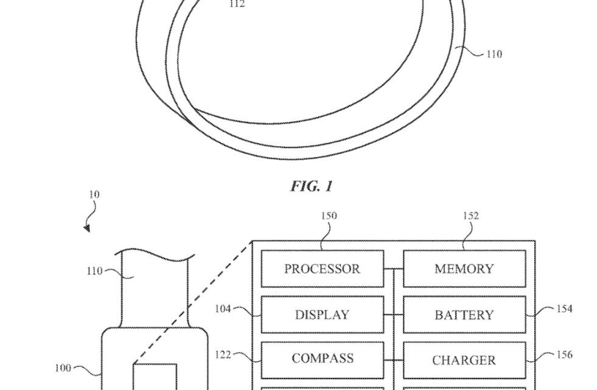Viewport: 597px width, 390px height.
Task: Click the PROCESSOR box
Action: pyautogui.click(x=322, y=269)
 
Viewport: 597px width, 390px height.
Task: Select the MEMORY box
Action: pyautogui.click(x=464, y=269)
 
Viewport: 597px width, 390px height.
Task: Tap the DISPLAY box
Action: pyautogui.click(x=322, y=314)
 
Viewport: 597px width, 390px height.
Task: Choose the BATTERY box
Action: pyautogui.click(x=464, y=314)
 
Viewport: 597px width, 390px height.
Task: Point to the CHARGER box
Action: pyautogui.click(x=464, y=360)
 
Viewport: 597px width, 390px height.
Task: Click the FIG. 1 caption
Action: pyautogui.click(x=312, y=186)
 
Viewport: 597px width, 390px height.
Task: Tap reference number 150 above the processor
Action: pyautogui.click(x=329, y=216)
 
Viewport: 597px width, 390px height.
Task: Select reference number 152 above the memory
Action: pyautogui.click(x=470, y=216)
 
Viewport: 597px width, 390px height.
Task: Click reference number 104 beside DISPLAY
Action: pyautogui.click(x=223, y=308)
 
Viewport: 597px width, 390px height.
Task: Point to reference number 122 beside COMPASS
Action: pyautogui.click(x=223, y=354)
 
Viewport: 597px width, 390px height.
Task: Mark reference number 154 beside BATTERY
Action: pyautogui.click(x=564, y=309)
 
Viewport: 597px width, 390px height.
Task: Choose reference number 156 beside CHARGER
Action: pyautogui.click(x=564, y=354)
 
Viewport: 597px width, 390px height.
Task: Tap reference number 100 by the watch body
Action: pyautogui.click(x=63, y=367)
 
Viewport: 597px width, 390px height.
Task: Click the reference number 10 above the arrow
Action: pyautogui.click(x=94, y=195)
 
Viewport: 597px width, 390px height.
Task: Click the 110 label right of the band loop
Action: pyautogui.click(x=494, y=54)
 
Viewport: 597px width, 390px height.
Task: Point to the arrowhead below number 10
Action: pyautogui.click(x=87, y=229)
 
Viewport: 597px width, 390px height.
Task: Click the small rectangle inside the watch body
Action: pyautogui.click(x=155, y=377)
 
